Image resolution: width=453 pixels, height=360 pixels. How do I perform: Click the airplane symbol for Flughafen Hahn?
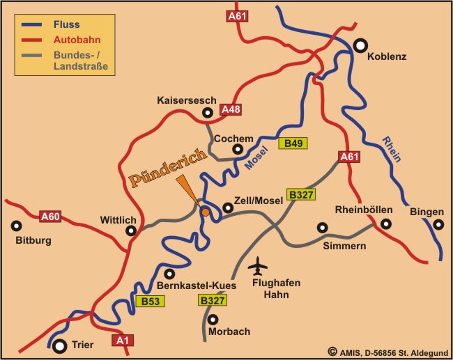pos(258,267)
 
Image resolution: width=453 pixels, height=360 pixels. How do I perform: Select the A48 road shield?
pos(230,109)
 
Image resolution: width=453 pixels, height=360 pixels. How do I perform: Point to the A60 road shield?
pos(50,217)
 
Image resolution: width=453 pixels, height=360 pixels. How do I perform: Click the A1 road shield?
pos(123,340)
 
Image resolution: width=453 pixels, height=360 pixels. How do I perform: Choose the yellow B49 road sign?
pos(293,143)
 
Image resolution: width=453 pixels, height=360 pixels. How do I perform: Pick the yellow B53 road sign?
pos(151,302)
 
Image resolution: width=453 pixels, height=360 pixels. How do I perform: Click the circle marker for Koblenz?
pos(360,45)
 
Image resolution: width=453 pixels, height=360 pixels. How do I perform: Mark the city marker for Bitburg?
pos(17,226)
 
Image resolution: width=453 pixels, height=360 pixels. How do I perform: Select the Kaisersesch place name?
pos(187,100)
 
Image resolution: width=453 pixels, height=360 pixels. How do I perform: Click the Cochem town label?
pos(233,139)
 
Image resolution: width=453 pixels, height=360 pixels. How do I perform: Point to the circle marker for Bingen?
pos(438,224)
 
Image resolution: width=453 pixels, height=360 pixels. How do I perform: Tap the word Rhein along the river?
pos(391,148)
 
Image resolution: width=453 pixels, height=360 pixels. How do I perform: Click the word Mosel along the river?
pos(257,160)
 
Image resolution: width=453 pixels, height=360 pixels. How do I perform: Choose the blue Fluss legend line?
pos(33,24)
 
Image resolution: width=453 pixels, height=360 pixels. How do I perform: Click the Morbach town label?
pos(229,331)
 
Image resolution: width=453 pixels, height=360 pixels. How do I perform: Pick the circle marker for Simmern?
pos(322,227)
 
